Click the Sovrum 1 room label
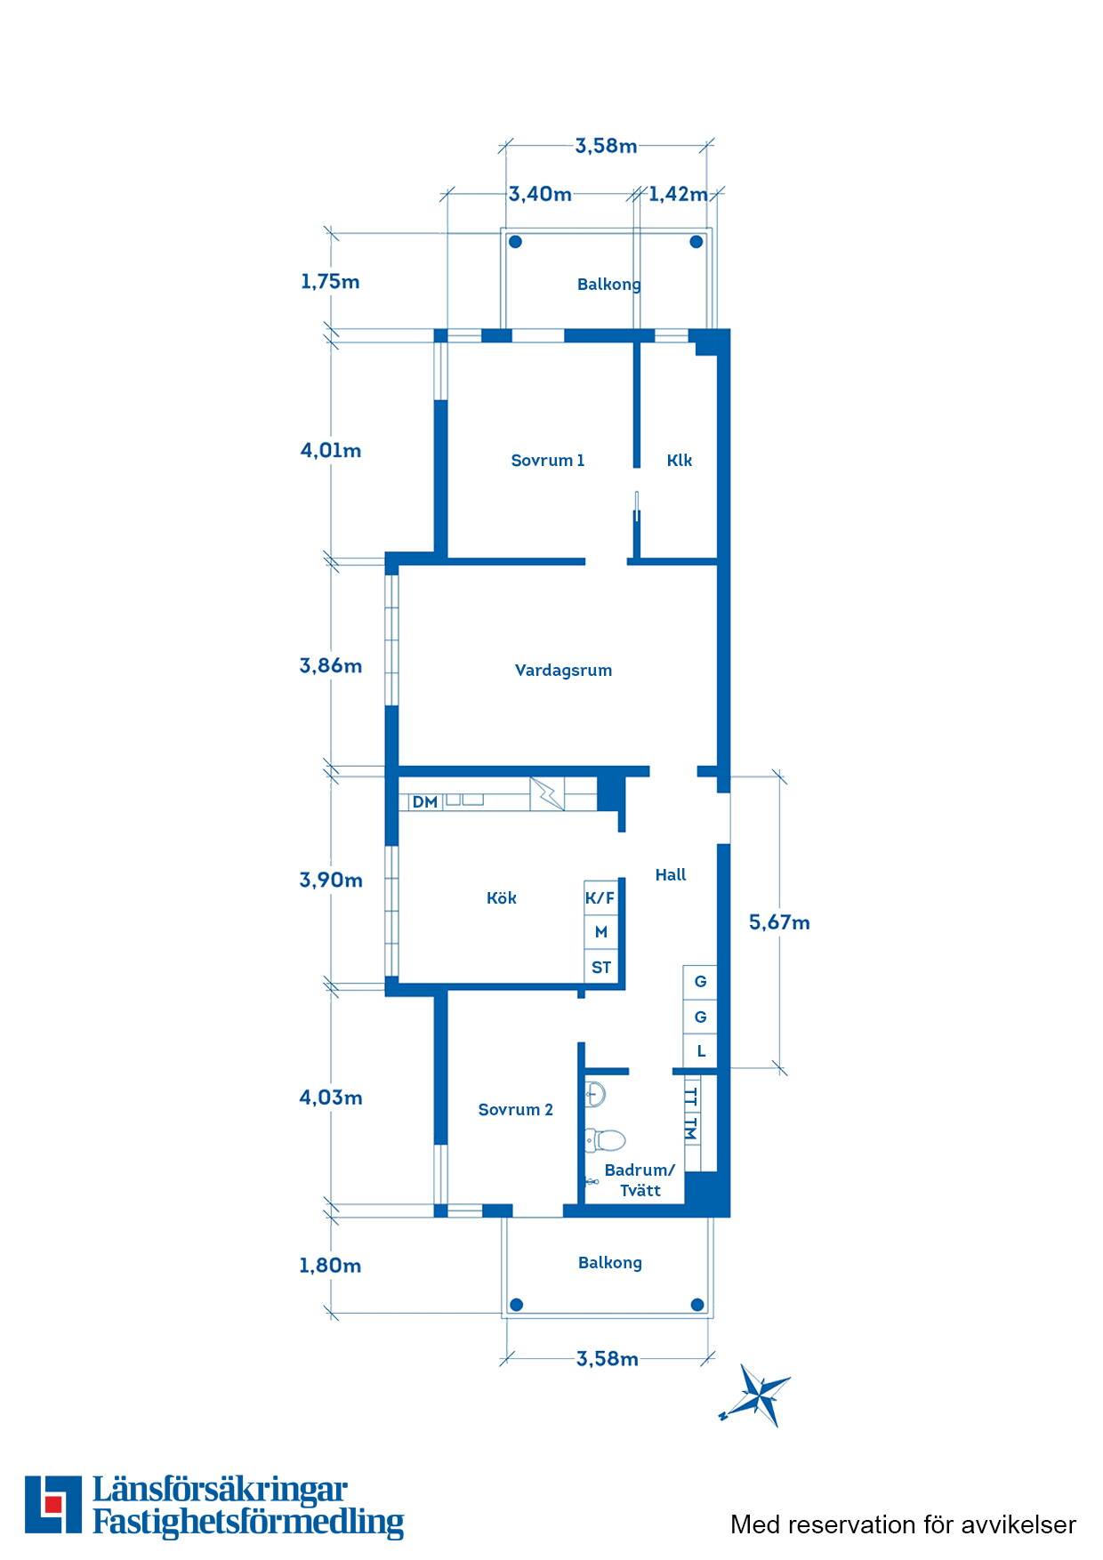547,460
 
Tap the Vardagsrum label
563,671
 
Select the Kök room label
501,897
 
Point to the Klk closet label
679,460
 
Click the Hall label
671,874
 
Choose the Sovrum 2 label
515,1109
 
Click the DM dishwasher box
425,801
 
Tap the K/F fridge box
600,897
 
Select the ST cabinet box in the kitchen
600,967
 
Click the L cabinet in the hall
700,1050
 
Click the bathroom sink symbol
595,1093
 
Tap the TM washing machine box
691,1129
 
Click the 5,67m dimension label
779,922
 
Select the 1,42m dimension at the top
678,194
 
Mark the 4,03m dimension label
331,1098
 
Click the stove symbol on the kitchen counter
547,793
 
